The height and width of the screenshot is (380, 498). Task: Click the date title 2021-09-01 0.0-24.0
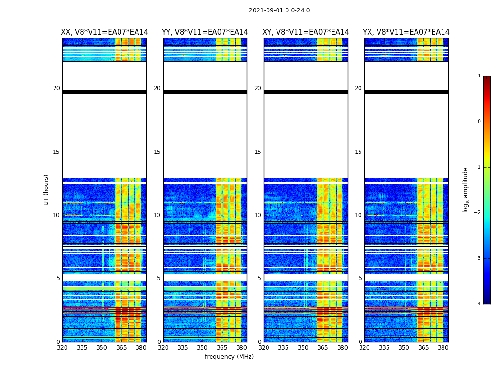[279, 10]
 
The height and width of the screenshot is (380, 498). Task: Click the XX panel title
[104, 32]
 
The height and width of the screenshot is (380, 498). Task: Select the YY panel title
[205, 32]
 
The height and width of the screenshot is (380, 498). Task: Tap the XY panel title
[305, 32]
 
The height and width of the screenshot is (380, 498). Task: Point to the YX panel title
[406, 32]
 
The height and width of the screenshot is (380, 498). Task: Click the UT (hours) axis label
[46, 190]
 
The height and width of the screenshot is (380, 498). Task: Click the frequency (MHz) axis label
[229, 357]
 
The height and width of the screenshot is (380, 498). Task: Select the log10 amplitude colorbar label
[466, 190]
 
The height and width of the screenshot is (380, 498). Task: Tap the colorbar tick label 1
[479, 76]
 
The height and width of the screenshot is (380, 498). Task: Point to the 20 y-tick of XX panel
[56, 88]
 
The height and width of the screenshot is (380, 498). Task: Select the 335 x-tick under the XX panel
[82, 348]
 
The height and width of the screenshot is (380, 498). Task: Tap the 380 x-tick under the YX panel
[443, 348]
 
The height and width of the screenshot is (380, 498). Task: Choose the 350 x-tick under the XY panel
[303, 348]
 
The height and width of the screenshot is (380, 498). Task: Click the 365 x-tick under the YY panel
[222, 348]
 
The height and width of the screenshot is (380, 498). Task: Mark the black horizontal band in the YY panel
[205, 92]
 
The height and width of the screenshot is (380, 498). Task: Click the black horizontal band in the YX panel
[406, 92]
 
